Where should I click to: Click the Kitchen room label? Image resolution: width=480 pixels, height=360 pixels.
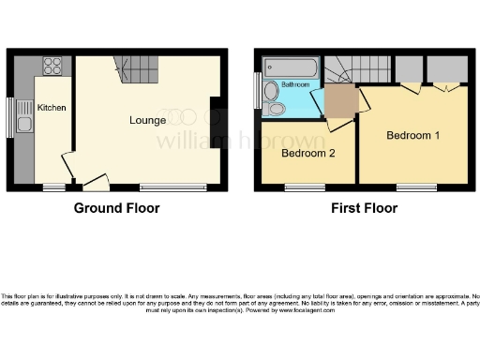click(x=52, y=108)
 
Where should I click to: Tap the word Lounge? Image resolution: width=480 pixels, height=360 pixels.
click(x=148, y=120)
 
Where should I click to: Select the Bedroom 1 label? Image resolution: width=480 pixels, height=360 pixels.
click(x=412, y=135)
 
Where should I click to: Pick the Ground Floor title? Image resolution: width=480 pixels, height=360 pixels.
click(x=116, y=208)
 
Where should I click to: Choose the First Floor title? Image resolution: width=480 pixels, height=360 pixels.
click(x=360, y=208)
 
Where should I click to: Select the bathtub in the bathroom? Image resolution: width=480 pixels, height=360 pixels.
click(x=291, y=67)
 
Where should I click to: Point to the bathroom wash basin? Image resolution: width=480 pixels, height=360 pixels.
click(x=272, y=91)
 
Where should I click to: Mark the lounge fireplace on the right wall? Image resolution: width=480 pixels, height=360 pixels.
click(x=216, y=110)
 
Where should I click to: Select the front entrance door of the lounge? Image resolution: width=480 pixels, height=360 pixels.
click(x=94, y=182)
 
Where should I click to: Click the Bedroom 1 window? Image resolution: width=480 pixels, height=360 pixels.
click(x=415, y=187)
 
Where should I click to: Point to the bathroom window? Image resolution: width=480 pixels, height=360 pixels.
click(x=258, y=93)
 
